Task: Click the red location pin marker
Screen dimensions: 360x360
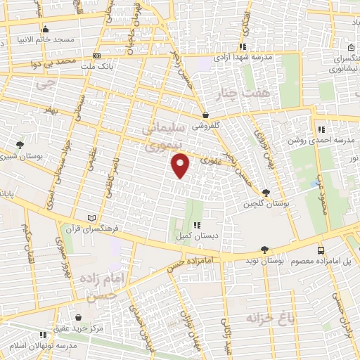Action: pyautogui.click(x=181, y=167)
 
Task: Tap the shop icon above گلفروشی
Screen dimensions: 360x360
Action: pyautogui.click(x=205, y=115)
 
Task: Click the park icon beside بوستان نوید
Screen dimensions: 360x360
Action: pyautogui.click(x=264, y=249)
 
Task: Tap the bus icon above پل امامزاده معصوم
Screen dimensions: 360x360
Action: pyautogui.click(x=321, y=250)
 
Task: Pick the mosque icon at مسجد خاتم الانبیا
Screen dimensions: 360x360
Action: pyautogui.click(x=46, y=29)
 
